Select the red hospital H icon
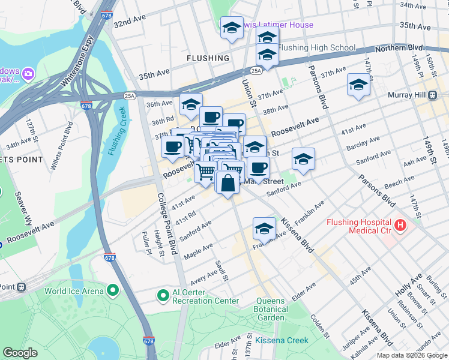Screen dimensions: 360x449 400,227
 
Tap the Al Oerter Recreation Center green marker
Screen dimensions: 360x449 162,296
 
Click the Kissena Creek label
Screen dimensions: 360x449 282,340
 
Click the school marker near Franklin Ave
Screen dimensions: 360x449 264,227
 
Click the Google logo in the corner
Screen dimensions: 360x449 20,353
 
